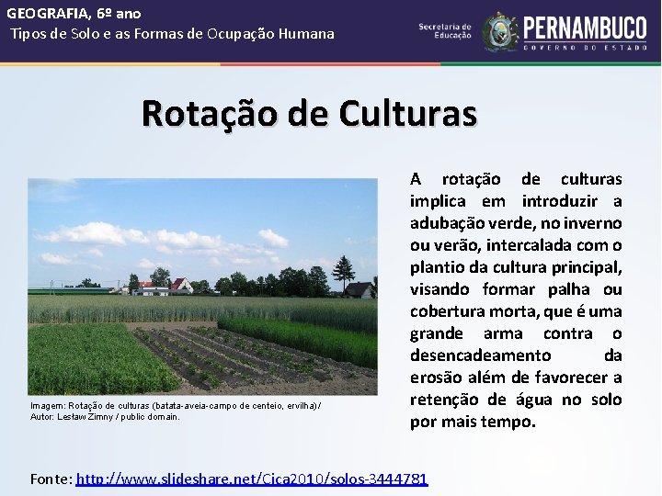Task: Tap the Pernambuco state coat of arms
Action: [x=500, y=31]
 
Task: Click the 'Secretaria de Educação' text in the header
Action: [x=445, y=31]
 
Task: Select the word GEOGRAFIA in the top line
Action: [x=44, y=14]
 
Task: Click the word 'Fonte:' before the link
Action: [x=51, y=479]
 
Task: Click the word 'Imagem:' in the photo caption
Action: [x=48, y=405]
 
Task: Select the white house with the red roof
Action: [x=180, y=286]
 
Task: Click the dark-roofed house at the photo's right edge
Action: [x=360, y=290]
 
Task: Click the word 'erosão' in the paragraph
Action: [x=439, y=378]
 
